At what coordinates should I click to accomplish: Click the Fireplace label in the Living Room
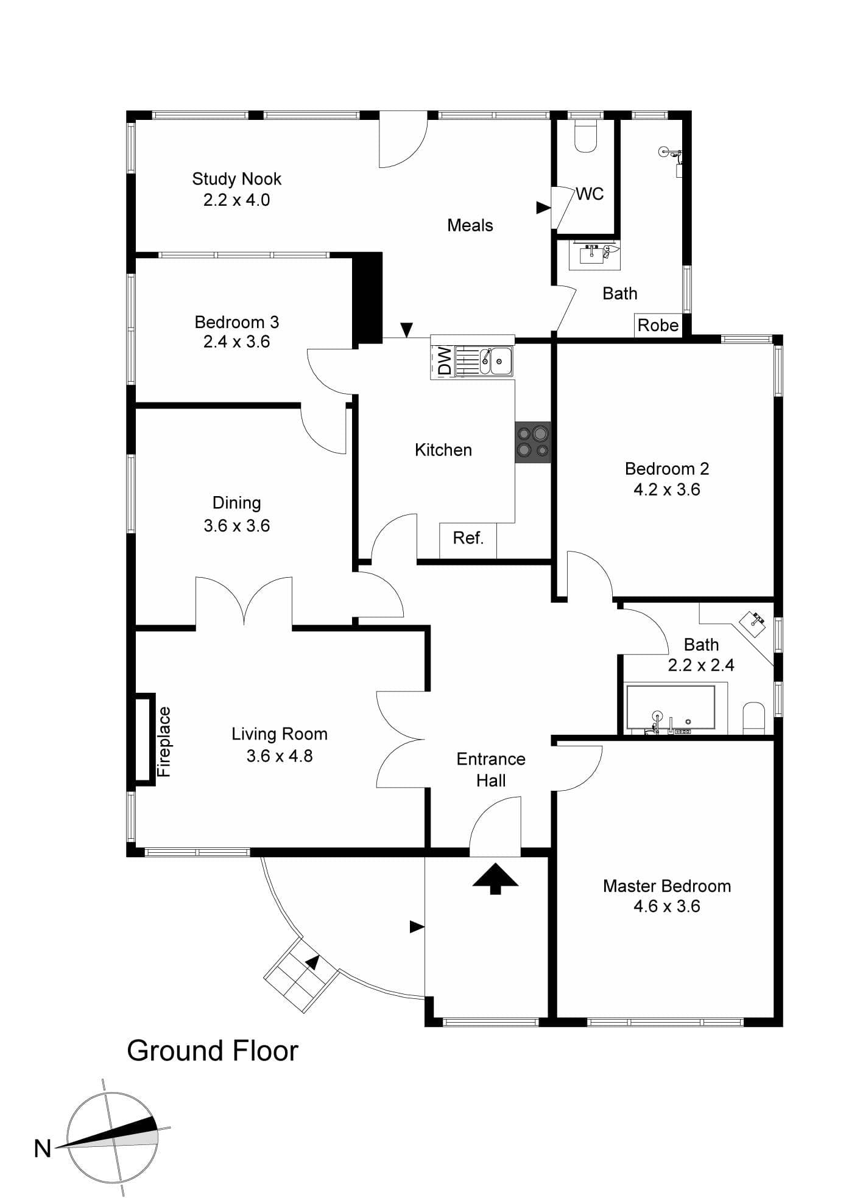pyautogui.click(x=164, y=741)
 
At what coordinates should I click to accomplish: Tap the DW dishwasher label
pyautogui.click(x=445, y=360)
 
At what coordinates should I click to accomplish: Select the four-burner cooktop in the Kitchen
pyautogui.click(x=533, y=442)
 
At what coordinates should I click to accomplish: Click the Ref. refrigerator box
pyautogui.click(x=468, y=540)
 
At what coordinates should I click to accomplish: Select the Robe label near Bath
pyautogui.click(x=658, y=325)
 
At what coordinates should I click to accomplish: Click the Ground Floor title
pyautogui.click(x=213, y=1051)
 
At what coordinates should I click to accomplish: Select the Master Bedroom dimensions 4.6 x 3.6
pyautogui.click(x=667, y=906)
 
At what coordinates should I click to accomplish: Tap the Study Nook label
pyautogui.click(x=236, y=179)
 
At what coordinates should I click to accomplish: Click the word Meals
pyautogui.click(x=470, y=225)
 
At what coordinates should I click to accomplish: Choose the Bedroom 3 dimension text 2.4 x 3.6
pyautogui.click(x=236, y=342)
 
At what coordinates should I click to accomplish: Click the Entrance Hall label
pyautogui.click(x=491, y=769)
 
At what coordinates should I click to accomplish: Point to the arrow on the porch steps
pyautogui.click(x=312, y=962)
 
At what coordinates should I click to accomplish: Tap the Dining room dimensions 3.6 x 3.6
pyautogui.click(x=236, y=525)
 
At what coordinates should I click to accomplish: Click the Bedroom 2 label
pyautogui.click(x=667, y=469)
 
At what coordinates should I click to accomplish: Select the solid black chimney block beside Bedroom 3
pyautogui.click(x=368, y=298)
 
